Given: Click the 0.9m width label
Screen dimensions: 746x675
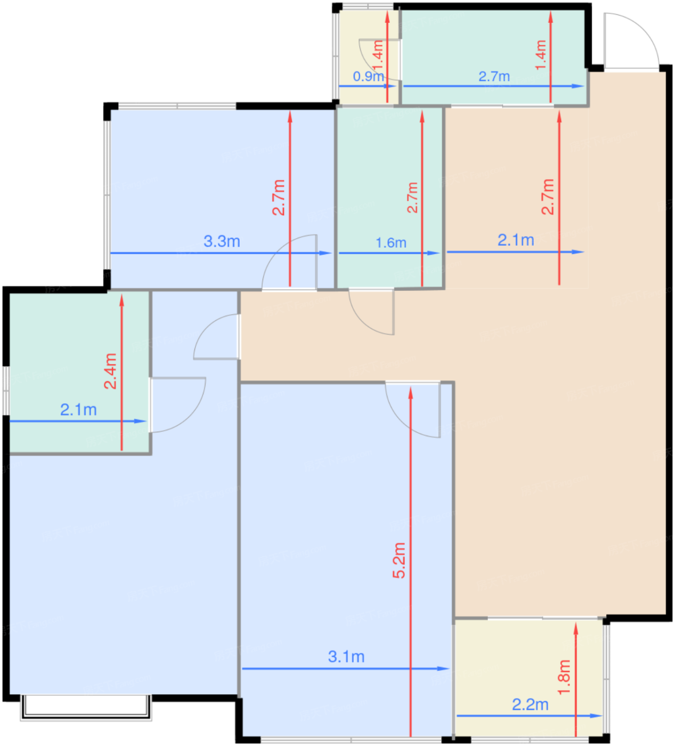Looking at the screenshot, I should (x=368, y=77).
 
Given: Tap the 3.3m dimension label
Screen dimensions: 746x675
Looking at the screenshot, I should (x=222, y=241).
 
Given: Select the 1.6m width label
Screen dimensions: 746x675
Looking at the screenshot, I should (x=391, y=243).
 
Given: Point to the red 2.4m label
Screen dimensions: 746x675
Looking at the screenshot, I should (x=110, y=371).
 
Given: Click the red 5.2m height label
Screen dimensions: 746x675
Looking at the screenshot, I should (x=399, y=560).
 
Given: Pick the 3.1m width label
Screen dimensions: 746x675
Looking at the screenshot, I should (x=346, y=657).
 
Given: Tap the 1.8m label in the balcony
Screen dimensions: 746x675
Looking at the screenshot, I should (x=564, y=677).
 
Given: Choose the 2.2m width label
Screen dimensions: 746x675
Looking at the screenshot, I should (x=530, y=705).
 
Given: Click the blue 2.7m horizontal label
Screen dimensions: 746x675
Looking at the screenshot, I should (x=494, y=77).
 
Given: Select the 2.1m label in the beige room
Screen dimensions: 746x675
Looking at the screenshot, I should (x=516, y=240).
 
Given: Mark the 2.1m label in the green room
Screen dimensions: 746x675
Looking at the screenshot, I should (x=78, y=410).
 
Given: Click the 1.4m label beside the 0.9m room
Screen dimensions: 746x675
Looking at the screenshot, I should (x=378, y=55).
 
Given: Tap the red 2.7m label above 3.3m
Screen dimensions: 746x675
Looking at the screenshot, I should (x=279, y=197).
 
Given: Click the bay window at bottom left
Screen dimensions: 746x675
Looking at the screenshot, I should (x=86, y=708).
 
